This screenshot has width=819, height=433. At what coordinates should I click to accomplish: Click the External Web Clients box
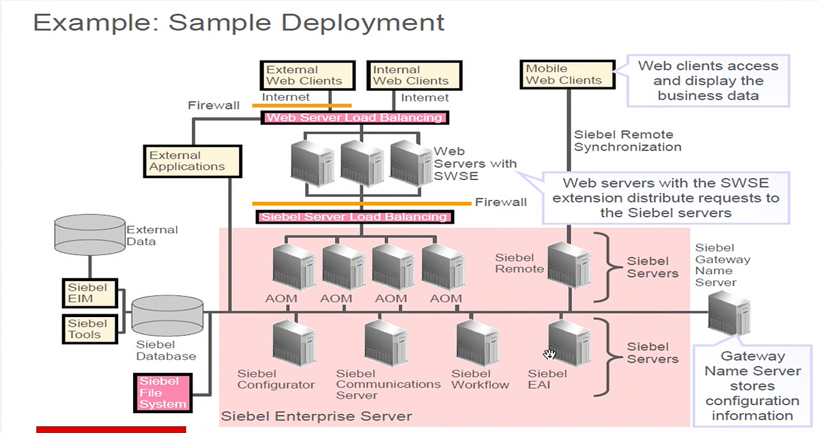[x=308, y=75]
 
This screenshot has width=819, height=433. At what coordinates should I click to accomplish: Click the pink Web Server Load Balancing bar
[x=354, y=118]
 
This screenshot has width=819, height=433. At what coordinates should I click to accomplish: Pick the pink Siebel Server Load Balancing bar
[x=354, y=218]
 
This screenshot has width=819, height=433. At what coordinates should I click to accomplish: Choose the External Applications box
[x=192, y=161]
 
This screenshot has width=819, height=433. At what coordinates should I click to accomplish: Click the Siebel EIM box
[x=87, y=293]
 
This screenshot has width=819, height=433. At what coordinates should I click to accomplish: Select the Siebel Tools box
[x=87, y=329]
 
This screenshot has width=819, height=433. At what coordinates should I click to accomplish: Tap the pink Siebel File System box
[x=162, y=393]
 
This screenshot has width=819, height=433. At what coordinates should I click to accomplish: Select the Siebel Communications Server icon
[x=386, y=343]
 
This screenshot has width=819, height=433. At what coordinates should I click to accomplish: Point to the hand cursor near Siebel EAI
[x=550, y=354]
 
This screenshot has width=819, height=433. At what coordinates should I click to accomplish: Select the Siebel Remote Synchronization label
[x=627, y=140]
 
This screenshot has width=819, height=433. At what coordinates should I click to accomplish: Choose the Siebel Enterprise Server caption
[x=317, y=415]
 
